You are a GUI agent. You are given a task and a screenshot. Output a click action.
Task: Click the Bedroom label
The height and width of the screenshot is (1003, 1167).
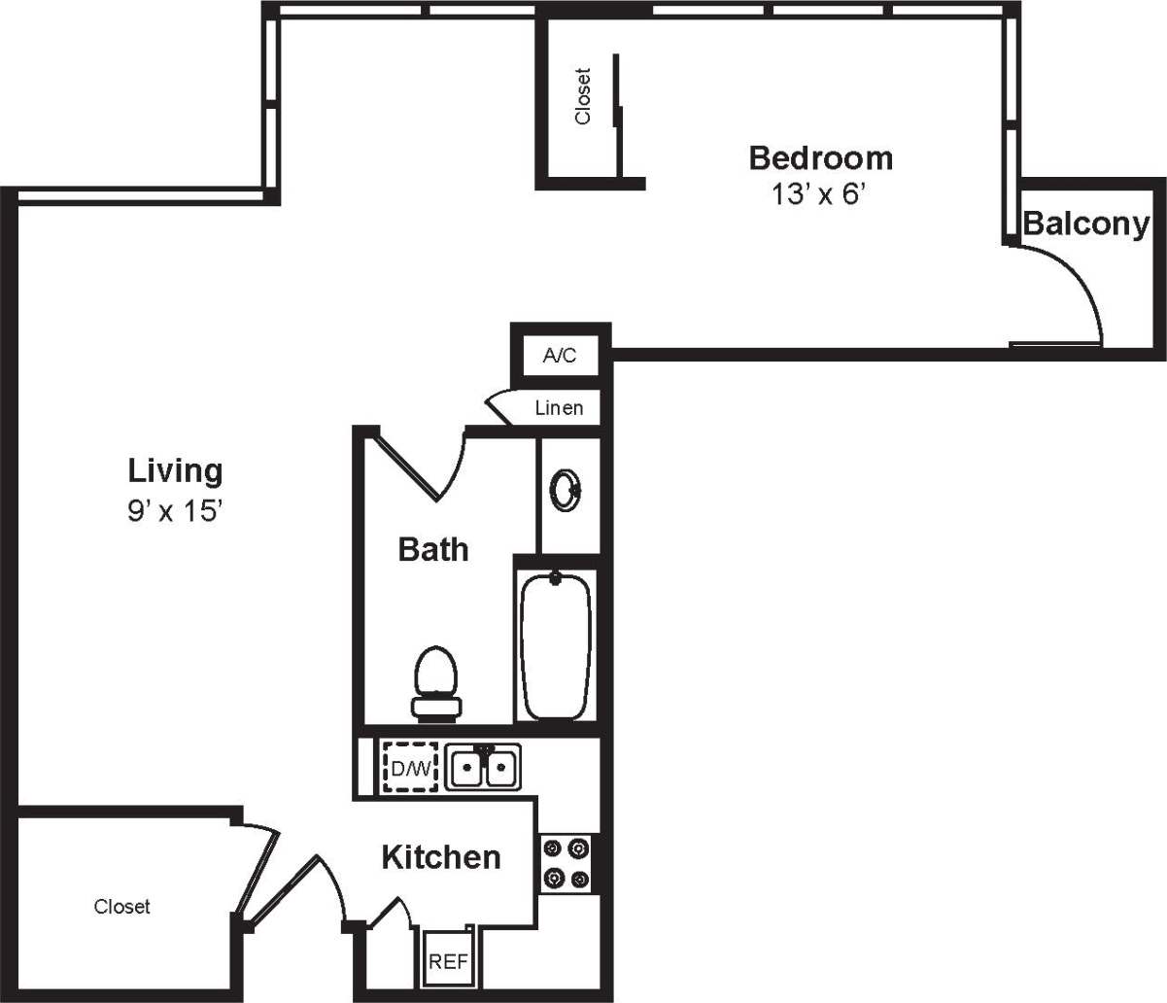click(820, 157)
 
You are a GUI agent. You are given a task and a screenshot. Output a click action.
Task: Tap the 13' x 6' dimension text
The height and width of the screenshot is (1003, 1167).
click(818, 195)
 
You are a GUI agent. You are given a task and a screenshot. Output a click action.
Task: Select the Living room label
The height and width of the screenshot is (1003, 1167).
click(175, 471)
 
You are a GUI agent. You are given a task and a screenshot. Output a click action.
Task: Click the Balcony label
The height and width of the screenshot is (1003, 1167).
click(1085, 225)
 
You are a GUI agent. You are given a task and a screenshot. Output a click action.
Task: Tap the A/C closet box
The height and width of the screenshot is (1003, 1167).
click(559, 356)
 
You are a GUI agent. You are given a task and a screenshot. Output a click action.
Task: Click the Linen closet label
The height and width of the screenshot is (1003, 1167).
click(559, 408)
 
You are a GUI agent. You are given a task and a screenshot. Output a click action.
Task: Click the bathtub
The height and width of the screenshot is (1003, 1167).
click(556, 644)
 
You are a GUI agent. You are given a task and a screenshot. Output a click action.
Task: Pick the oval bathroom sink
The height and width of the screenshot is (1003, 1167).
click(565, 491)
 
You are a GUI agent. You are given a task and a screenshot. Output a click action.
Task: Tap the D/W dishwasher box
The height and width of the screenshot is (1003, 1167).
click(410, 769)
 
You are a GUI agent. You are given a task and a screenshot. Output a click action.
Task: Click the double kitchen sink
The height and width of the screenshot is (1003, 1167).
click(483, 768)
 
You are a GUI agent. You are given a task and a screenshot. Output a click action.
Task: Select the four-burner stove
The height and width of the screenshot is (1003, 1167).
click(566, 863)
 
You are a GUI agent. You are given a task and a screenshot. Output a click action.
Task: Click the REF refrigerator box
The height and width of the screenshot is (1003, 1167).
click(448, 961)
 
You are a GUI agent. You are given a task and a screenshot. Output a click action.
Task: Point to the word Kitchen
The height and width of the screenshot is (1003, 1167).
click(440, 857)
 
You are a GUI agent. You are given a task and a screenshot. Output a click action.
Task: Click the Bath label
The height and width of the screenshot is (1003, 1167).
click(433, 550)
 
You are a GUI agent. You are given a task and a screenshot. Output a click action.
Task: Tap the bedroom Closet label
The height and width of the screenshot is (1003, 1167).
click(582, 95)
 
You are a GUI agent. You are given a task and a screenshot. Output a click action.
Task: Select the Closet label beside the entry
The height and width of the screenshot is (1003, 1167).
click(122, 907)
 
